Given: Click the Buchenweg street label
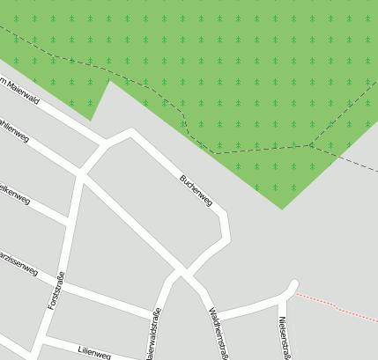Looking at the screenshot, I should tap(196, 190).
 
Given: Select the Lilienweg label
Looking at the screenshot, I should tap(93, 354).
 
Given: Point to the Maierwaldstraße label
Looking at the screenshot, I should tap(153, 332).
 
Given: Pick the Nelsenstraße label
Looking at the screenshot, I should tap(284, 338).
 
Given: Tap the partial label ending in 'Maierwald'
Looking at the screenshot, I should tap(19, 89).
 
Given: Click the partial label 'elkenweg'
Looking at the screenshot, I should tap(15, 194).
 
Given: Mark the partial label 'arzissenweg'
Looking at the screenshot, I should tap(18, 265).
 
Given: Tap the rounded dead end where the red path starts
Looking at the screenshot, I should tap(293, 284).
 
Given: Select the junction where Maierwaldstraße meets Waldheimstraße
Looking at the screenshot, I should tap(182, 271).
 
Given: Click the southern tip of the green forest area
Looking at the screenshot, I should tap(282, 209).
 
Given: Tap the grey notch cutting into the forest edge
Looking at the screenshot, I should tap(105, 93).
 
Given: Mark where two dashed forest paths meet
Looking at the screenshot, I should tap(311, 145).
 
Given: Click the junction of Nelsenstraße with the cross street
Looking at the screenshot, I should tap(281, 300).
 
